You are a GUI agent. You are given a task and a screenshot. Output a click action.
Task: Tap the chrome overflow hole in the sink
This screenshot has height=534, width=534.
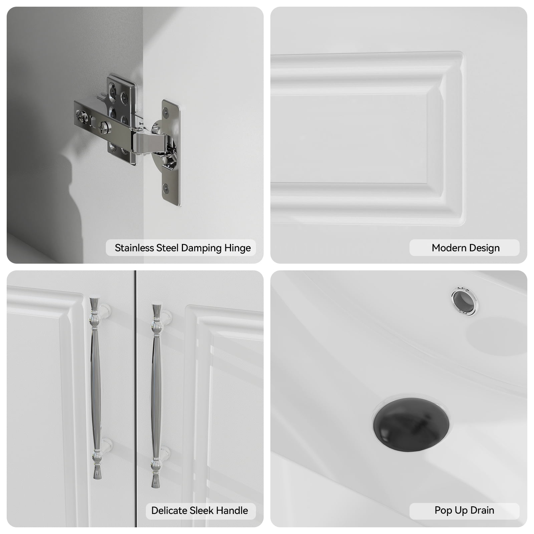464,301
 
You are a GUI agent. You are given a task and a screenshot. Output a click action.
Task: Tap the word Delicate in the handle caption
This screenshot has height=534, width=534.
169,511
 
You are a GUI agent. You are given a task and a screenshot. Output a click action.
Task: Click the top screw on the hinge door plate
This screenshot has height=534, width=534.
166,113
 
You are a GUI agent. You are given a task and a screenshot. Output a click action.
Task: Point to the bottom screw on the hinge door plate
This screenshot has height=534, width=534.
166,189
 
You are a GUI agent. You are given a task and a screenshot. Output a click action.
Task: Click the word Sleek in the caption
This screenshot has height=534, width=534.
201,511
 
